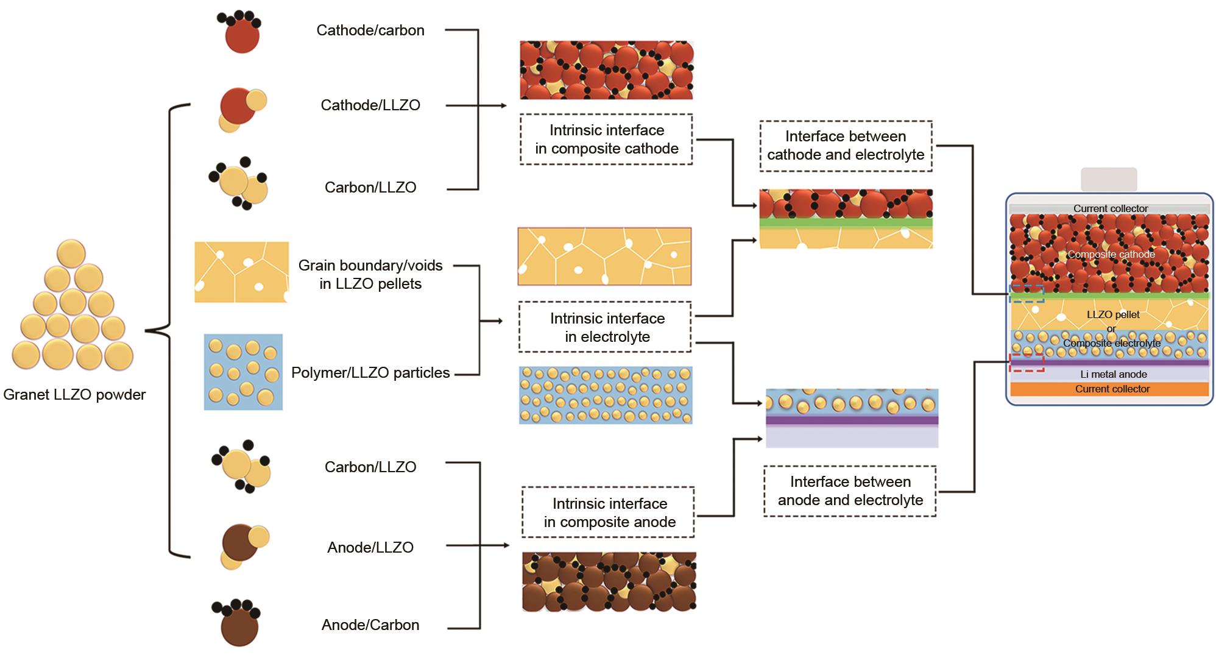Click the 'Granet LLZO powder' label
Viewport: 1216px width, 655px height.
(x=74, y=395)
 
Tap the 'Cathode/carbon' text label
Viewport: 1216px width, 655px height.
(x=370, y=30)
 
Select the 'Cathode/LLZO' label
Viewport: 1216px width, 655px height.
(x=370, y=105)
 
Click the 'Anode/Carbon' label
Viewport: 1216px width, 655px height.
(x=370, y=625)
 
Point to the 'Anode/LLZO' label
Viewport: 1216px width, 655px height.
(x=370, y=548)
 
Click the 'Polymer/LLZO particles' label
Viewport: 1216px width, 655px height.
(x=370, y=373)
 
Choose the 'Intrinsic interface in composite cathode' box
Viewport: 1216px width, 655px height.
(x=606, y=140)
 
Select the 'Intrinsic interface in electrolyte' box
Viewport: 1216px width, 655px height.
(x=607, y=327)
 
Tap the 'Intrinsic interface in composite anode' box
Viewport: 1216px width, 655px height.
(x=609, y=512)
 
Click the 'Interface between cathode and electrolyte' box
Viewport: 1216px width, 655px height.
(x=846, y=146)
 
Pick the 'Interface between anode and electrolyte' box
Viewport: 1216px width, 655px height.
(x=850, y=491)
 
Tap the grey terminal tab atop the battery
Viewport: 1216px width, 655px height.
(x=1108, y=180)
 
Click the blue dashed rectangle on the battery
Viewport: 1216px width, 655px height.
(x=1027, y=294)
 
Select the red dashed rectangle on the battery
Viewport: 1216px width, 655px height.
(x=1027, y=363)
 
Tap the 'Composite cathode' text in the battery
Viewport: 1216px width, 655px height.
(x=1111, y=255)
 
